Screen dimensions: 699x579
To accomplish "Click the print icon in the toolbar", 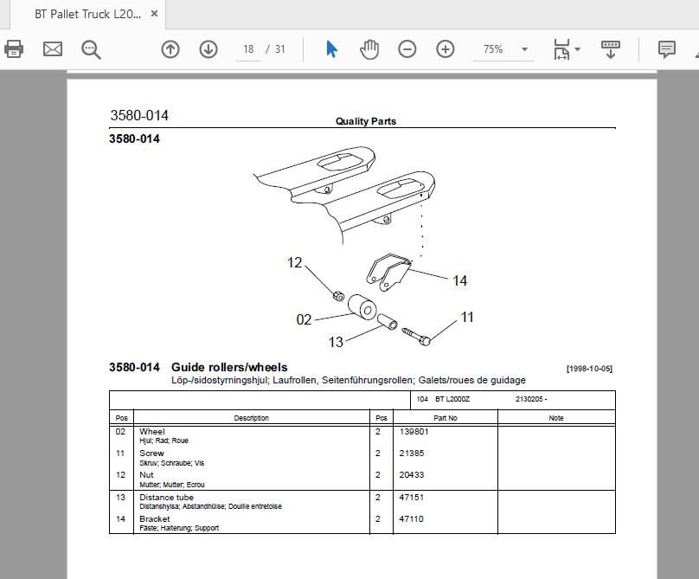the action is click(x=13, y=48).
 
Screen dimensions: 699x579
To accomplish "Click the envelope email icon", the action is click(x=53, y=48).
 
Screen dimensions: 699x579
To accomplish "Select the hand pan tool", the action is click(x=369, y=49).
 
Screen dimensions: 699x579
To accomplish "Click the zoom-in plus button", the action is click(x=445, y=48).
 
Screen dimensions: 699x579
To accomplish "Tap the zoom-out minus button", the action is click(x=407, y=48).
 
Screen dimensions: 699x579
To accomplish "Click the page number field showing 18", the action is click(x=248, y=49).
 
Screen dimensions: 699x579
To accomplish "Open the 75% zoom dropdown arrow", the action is click(x=525, y=49).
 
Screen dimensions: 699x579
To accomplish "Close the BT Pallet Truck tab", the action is click(x=154, y=14).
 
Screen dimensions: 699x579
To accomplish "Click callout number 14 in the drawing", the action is click(x=459, y=280).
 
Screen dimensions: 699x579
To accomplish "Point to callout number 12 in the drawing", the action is click(x=295, y=262).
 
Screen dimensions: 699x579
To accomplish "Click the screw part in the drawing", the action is click(x=416, y=336).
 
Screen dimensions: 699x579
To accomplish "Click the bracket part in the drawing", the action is click(x=388, y=271).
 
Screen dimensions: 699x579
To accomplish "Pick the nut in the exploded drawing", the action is click(x=339, y=295).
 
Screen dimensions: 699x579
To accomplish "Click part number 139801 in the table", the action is click(x=414, y=431).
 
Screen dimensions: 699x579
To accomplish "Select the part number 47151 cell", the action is click(x=411, y=497).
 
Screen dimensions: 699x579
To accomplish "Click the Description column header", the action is click(x=252, y=418).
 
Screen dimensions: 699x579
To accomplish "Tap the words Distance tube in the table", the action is click(x=166, y=497).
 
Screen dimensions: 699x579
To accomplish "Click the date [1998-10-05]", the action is click(x=589, y=369).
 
